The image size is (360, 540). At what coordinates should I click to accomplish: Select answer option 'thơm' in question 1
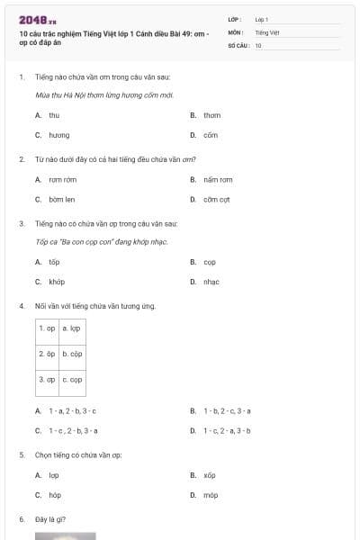[x=211, y=115]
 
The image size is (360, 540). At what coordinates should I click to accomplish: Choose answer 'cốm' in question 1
[x=211, y=135]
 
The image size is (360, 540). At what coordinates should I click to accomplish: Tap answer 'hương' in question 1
[x=58, y=135]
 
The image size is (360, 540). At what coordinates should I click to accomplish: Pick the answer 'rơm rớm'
[x=62, y=179]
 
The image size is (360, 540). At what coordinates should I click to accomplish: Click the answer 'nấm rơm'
[x=217, y=179]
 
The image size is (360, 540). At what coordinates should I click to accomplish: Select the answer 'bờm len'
[x=61, y=199]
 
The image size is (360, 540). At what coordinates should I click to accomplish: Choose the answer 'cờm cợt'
[x=217, y=199]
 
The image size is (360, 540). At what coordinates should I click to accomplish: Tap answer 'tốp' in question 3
[x=54, y=262]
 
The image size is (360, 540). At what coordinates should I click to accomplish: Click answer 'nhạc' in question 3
[x=211, y=282]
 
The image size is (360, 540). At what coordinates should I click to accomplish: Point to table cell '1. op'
[x=47, y=329]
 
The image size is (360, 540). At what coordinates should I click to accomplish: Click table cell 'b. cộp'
[x=72, y=355]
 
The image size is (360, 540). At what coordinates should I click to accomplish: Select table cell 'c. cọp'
[x=72, y=380]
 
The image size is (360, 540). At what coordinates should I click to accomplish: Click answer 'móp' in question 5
[x=210, y=495]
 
